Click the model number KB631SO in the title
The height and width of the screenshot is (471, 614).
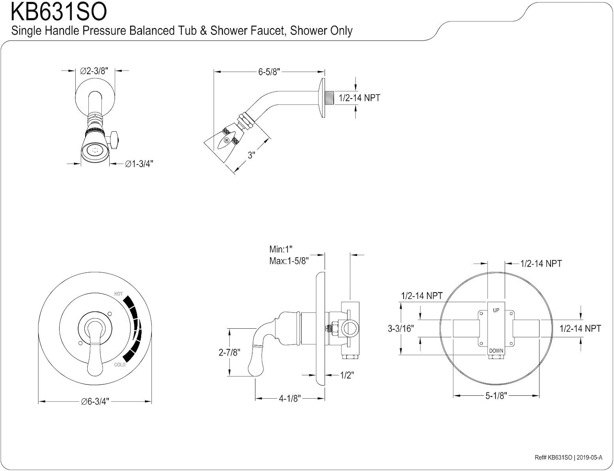pos(59,12)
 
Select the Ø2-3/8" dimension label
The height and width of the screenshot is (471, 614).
pos(94,71)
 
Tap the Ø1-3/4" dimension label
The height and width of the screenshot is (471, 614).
pos(139,164)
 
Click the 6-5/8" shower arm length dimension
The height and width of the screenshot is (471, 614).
pos(269,72)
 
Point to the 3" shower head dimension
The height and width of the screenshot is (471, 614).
pos(251,155)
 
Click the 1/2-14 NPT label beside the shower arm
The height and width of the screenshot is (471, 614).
pos(359,98)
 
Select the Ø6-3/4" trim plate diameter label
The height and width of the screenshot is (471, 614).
pos(95,402)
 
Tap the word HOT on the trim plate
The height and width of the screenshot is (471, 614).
pos(118,294)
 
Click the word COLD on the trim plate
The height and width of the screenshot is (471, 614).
pos(120,365)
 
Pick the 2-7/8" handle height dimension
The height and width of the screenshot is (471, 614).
pos(229,352)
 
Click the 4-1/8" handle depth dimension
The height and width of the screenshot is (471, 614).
pos(290,398)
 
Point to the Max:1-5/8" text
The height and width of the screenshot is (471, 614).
pos(289,261)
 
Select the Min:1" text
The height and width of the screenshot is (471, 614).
pos(281,249)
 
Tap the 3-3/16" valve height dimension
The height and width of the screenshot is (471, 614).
pos(401,328)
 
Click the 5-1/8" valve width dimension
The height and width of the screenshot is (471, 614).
pos(496,396)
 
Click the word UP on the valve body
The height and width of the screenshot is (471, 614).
pos(496,310)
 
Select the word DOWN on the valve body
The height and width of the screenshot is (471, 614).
pos(496,351)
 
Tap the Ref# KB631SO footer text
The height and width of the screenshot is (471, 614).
pos(553,458)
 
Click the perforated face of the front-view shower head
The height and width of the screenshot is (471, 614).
pos(95,152)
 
